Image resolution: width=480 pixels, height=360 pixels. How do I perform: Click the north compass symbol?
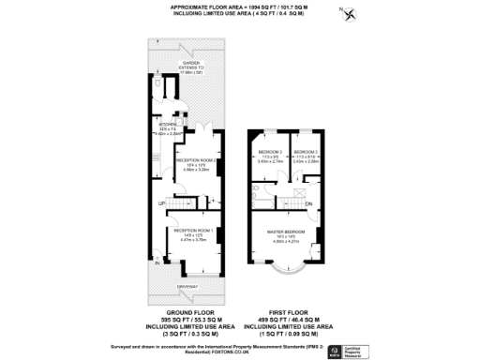click(x=350, y=13)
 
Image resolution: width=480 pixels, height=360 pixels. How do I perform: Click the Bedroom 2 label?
click(x=269, y=151)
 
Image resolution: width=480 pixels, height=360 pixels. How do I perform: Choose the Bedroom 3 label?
click(x=306, y=151)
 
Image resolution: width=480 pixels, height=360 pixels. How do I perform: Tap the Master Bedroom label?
click(x=285, y=230)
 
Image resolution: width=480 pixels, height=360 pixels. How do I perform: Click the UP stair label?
click(x=160, y=202)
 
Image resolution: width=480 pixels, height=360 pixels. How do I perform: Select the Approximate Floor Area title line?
click(x=239, y=6)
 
